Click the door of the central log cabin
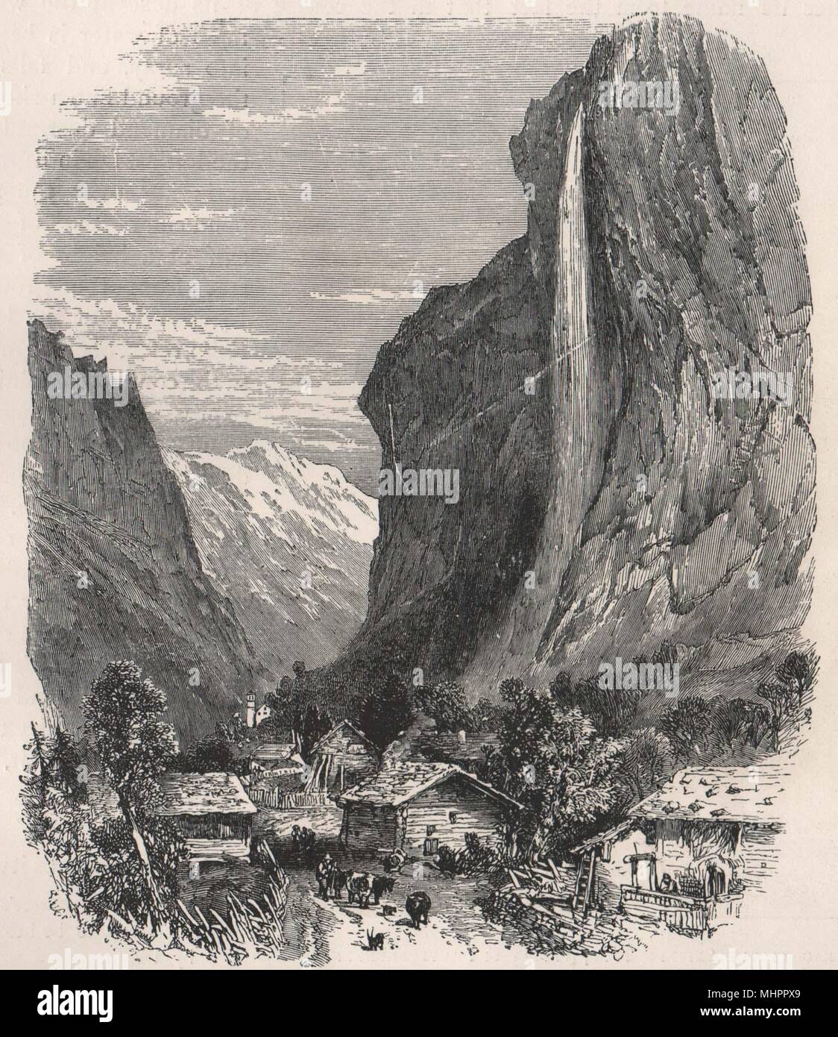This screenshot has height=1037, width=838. click(x=430, y=845)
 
